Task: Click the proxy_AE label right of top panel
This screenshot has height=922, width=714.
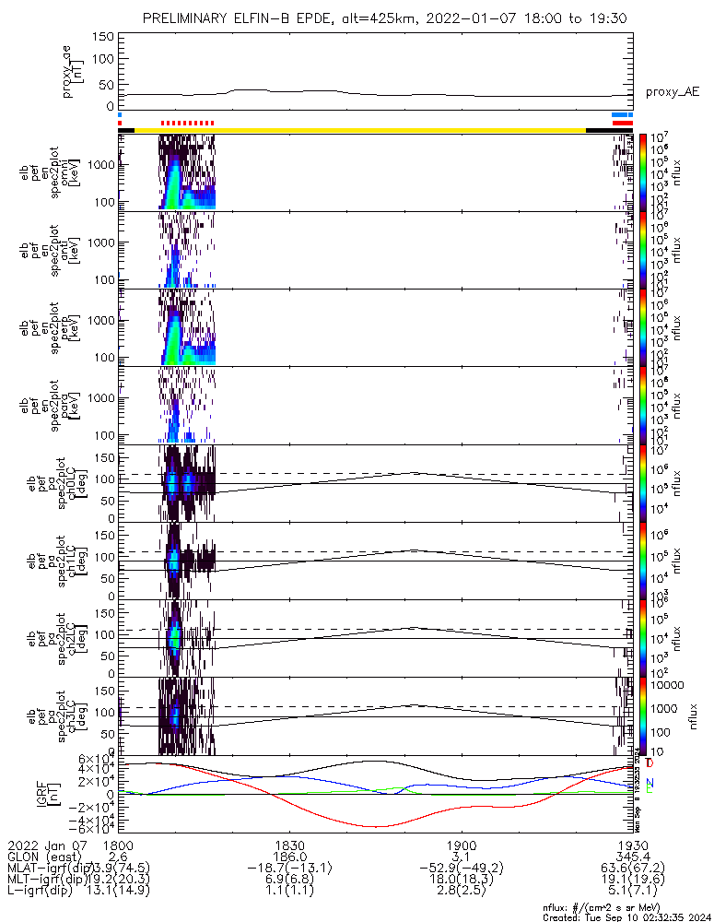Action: point(672,92)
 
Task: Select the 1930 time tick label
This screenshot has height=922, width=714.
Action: point(630,845)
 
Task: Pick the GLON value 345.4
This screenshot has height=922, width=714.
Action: point(630,857)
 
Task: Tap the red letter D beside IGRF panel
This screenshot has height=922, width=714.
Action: point(650,763)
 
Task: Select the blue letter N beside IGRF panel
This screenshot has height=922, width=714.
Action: point(650,782)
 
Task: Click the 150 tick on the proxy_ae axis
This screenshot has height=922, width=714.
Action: point(103,37)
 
